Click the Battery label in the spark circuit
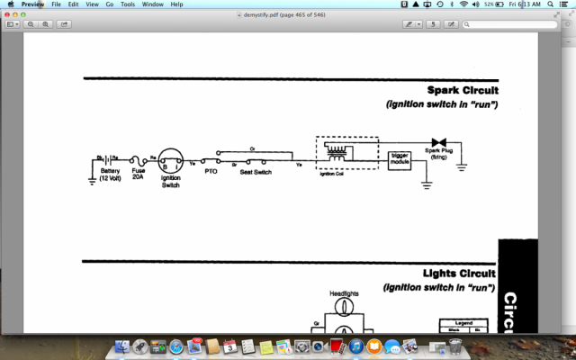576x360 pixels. [x=110, y=170]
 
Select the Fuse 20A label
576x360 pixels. [x=139, y=173]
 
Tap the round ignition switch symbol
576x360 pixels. [x=171, y=160]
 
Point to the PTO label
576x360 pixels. [x=211, y=170]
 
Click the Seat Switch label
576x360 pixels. [x=256, y=171]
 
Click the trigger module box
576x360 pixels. [x=400, y=159]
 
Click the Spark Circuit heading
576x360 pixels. [x=463, y=90]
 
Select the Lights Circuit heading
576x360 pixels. [x=460, y=273]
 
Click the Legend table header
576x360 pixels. [x=464, y=322]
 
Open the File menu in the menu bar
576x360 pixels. [x=56, y=4]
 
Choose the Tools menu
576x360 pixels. [x=128, y=4]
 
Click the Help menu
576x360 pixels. [x=176, y=4]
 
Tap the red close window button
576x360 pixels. [x=8, y=14]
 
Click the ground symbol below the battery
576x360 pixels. [x=92, y=181]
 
